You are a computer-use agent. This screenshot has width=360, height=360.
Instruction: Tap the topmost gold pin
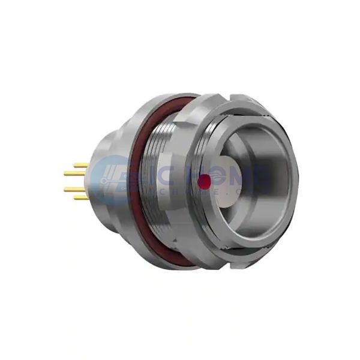(x=80, y=164)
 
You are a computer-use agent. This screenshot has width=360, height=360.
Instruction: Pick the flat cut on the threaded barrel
(x=180, y=240)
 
